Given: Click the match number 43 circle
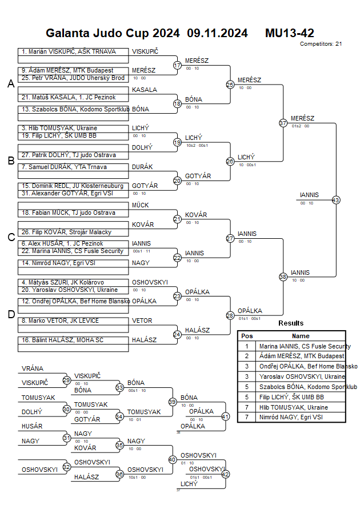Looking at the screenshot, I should [336, 200].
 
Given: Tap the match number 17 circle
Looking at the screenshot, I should [177, 66].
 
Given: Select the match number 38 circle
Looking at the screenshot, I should [283, 276].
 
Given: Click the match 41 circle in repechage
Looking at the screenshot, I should [225, 416].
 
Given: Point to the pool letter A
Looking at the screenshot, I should [10, 84].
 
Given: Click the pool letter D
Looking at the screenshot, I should [10, 314].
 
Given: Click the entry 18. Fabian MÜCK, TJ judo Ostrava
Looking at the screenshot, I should [69, 213].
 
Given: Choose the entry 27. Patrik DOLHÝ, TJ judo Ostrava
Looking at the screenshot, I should [69, 155].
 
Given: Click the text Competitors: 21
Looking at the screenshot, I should [321, 43].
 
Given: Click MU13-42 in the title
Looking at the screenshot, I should [289, 33].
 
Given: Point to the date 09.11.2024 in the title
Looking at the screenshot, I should [217, 33].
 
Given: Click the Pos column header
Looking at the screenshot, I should [247, 336].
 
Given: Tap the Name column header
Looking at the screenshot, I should [301, 336].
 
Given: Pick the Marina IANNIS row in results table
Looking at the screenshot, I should [305, 346].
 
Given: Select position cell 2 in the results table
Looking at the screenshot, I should [247, 356].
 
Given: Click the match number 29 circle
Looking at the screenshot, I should [67, 380].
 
